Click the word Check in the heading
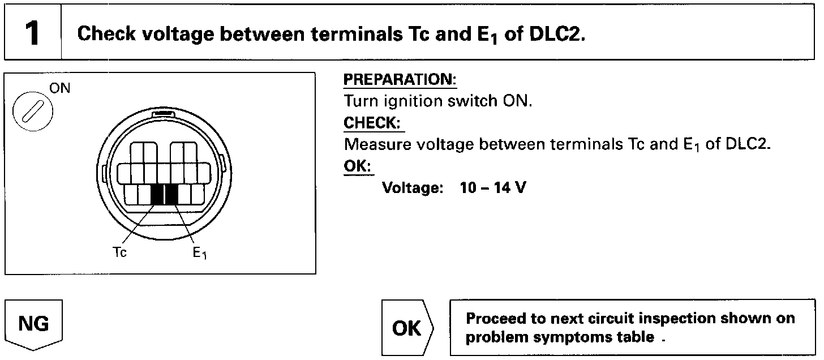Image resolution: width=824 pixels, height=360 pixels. point(105,34)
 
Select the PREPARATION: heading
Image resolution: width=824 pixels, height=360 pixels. point(400,80)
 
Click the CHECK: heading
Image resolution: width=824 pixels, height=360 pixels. point(374,123)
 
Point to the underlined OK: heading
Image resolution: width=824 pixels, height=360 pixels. point(359,166)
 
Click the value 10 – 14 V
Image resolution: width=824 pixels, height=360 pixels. point(492,187)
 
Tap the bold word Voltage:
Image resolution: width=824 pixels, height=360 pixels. point(413,187)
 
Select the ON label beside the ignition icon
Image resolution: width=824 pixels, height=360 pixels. point(60,89)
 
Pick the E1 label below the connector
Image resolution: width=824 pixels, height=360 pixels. point(199,254)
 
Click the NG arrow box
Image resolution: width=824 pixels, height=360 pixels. point(33,325)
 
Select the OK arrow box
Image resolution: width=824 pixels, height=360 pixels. point(407,328)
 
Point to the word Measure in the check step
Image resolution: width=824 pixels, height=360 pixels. point(377,144)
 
